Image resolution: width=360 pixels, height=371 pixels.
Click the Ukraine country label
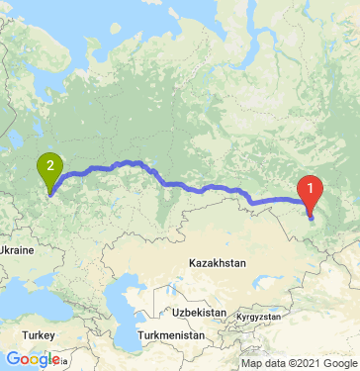coord(17,251)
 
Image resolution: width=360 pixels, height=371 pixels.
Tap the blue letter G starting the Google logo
coord(12,358)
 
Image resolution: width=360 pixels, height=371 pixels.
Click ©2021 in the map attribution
coord(298,363)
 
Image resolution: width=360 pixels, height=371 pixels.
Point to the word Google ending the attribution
coord(336,363)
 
